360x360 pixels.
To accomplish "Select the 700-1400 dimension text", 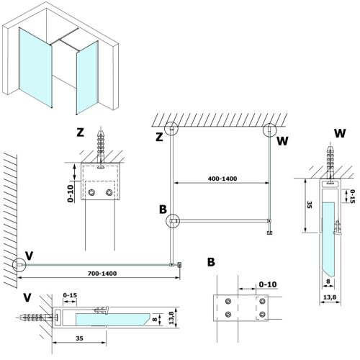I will (x=98, y=273).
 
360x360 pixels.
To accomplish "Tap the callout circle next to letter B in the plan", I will (x=174, y=220).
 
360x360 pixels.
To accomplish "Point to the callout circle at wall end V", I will (x=19, y=264).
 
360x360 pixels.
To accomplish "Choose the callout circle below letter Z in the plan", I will (x=171, y=130).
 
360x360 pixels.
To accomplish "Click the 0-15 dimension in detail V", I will (x=71, y=294).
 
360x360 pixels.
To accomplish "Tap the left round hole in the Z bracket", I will (x=93, y=193).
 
